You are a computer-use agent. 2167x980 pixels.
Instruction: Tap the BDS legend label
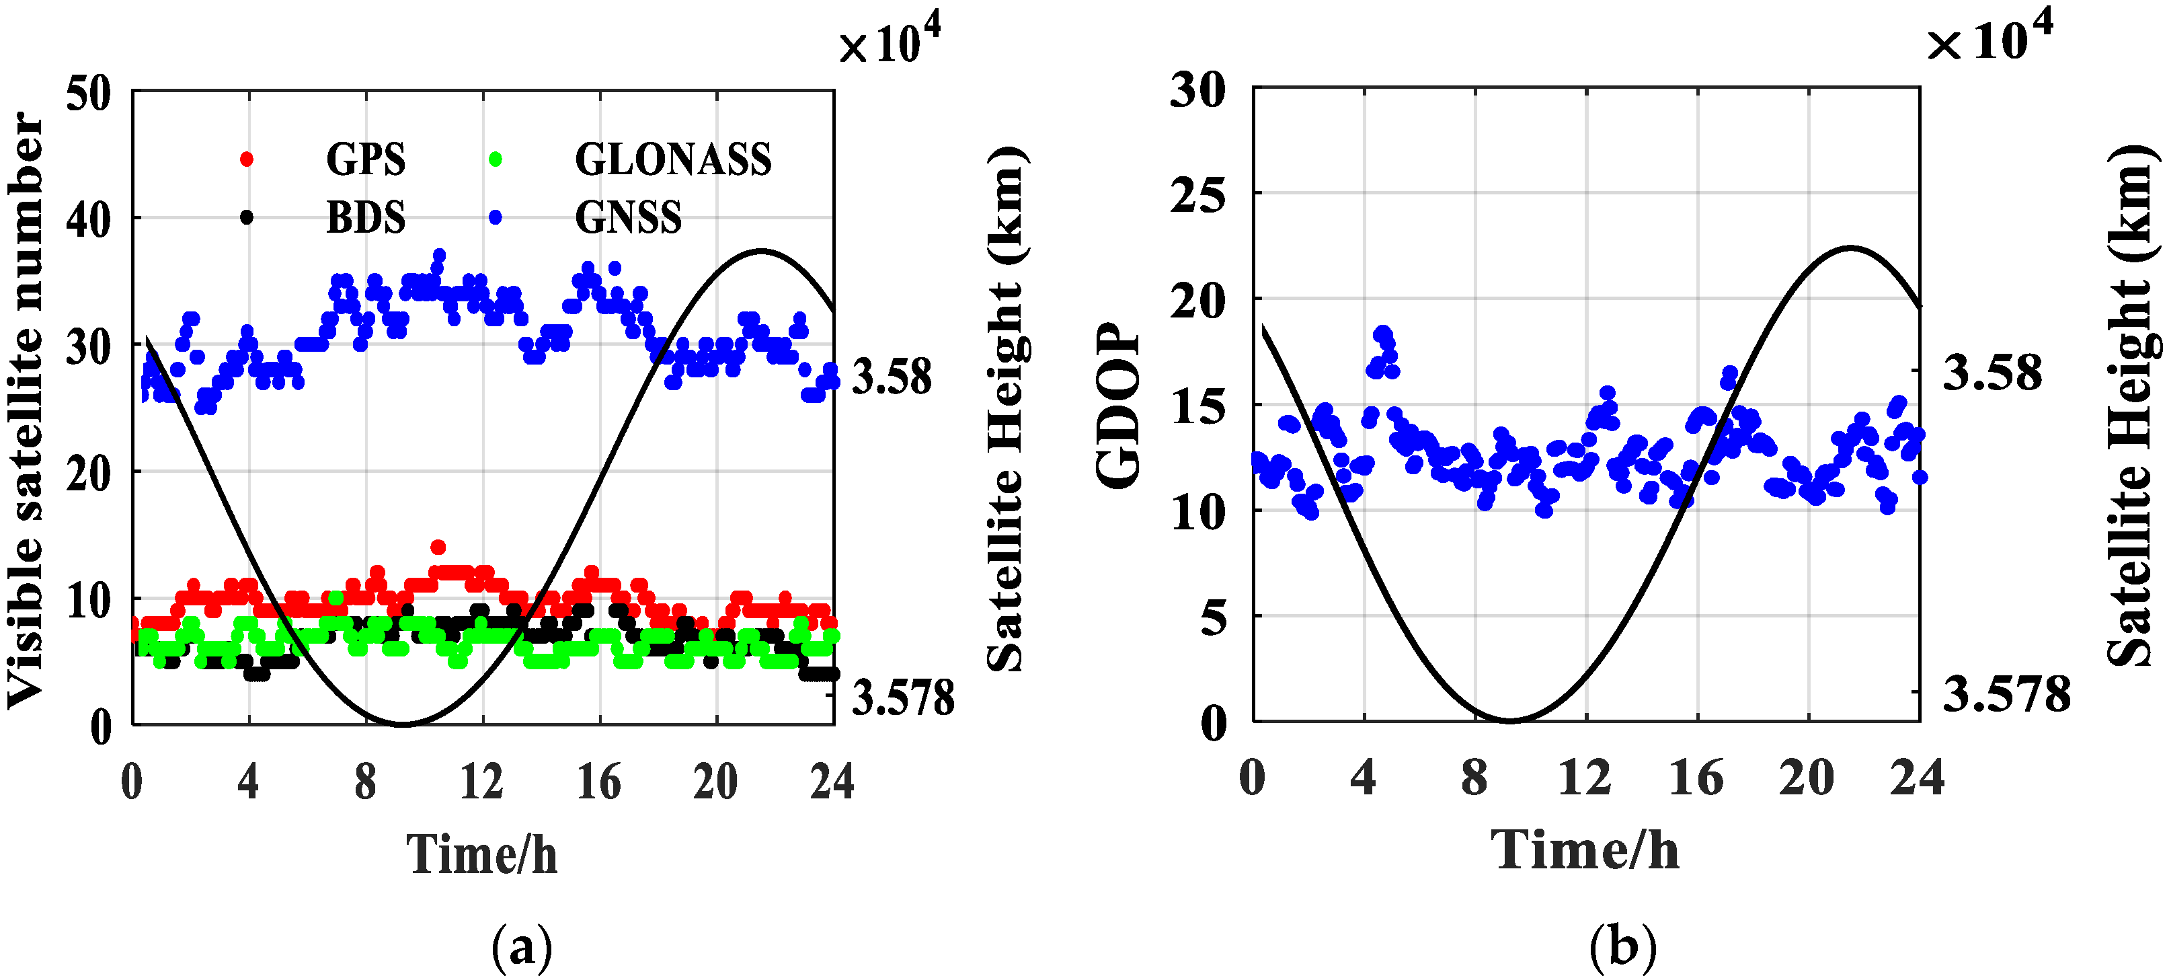click(365, 217)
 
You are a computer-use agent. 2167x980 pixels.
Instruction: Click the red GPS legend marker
click(247, 159)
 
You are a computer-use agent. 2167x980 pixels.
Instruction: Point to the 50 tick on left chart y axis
click(88, 93)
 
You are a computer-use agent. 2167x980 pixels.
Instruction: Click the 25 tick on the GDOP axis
click(1198, 196)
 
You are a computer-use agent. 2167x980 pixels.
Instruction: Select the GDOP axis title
click(1119, 405)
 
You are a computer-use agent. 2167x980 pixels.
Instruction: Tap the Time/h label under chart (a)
click(481, 855)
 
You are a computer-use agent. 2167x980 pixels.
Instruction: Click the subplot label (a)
click(522, 947)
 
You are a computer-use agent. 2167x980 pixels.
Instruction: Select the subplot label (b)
click(1622, 947)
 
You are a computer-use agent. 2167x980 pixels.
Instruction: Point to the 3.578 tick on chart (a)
click(902, 698)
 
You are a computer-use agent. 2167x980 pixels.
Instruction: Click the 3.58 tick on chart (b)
click(1992, 373)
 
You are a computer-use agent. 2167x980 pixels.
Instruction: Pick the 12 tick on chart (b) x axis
click(1585, 778)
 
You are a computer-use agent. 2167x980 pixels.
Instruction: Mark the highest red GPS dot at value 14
click(438, 547)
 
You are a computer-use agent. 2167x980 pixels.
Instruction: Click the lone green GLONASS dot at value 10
click(336, 598)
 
